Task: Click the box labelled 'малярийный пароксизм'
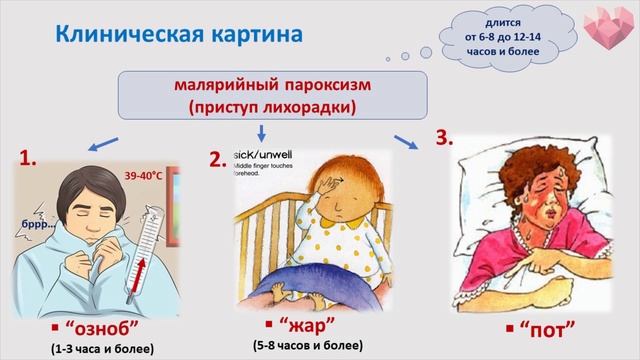(x=264, y=93)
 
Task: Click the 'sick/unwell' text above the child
(x=261, y=157)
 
